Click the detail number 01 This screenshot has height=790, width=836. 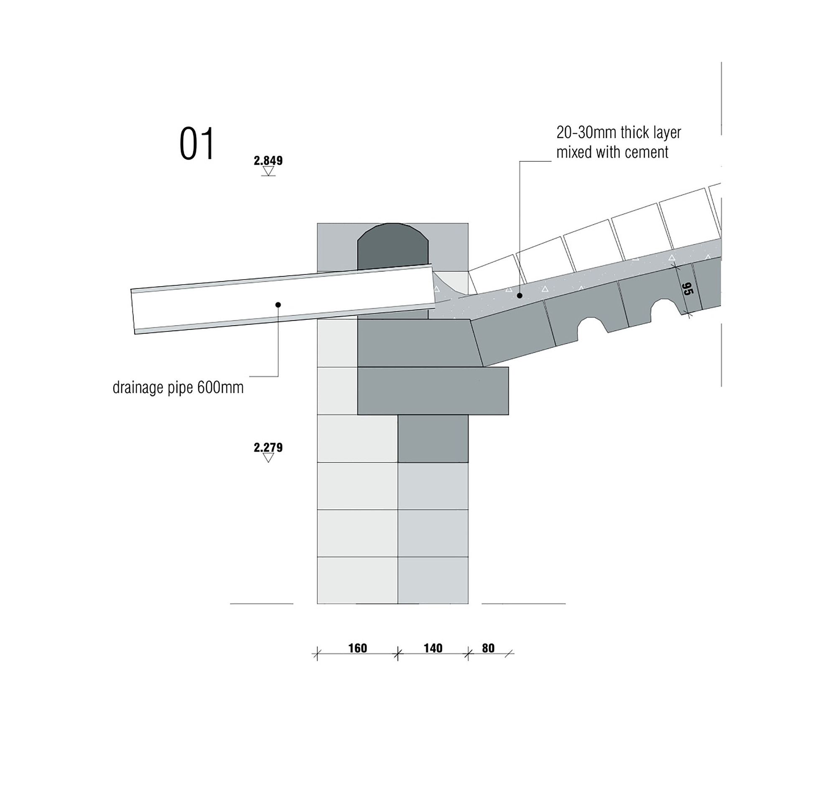[x=197, y=144]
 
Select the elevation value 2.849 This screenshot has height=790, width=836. [x=268, y=161]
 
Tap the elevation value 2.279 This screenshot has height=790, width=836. [x=268, y=447]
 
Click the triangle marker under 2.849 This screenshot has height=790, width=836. [x=268, y=171]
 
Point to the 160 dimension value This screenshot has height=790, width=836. [x=357, y=648]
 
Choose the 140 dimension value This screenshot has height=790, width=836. [x=433, y=648]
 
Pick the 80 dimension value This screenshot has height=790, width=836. [x=488, y=648]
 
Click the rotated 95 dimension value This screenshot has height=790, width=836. [x=687, y=289]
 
